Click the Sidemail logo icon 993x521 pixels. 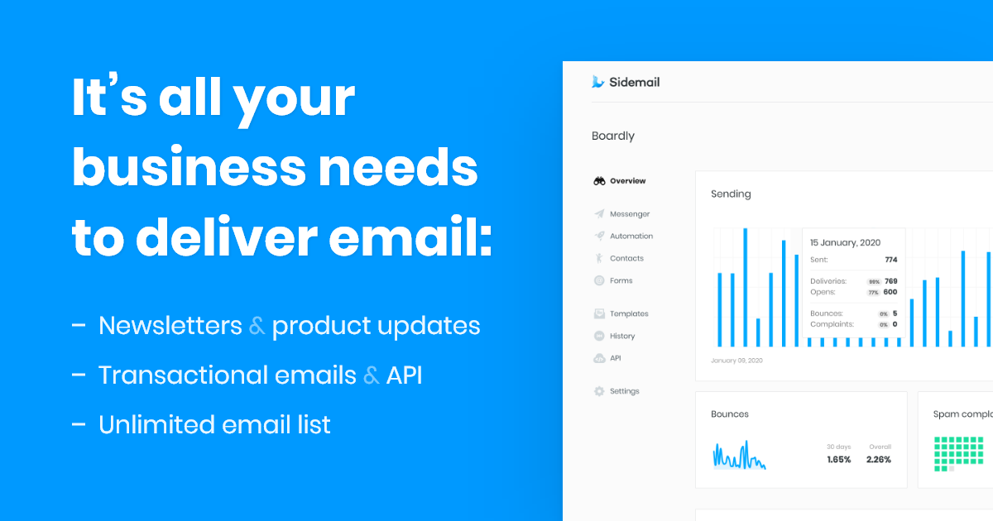pyautogui.click(x=598, y=82)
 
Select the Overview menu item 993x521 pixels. pyautogui.click(x=627, y=181)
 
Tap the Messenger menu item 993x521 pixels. pyautogui.click(x=629, y=214)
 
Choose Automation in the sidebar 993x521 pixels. pyautogui.click(x=631, y=237)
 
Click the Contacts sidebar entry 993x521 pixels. pyautogui.click(x=626, y=259)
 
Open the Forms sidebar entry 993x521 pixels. pyautogui.click(x=621, y=281)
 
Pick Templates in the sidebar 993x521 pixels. pyautogui.click(x=629, y=314)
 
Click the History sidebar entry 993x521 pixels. pyautogui.click(x=622, y=337)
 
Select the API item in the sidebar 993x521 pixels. pyautogui.click(x=615, y=359)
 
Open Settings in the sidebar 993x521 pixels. pyautogui.click(x=624, y=392)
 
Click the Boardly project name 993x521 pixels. pyautogui.click(x=613, y=136)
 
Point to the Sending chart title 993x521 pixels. pyautogui.click(x=731, y=194)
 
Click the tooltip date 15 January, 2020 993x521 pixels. pyautogui.click(x=845, y=243)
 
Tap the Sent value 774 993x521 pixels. pyautogui.click(x=890, y=260)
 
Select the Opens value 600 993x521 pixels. pyautogui.click(x=890, y=292)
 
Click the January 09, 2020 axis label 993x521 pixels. pyautogui.click(x=736, y=361)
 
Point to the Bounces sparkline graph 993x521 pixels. pyautogui.click(x=739, y=456)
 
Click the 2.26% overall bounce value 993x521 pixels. pyautogui.click(x=879, y=460)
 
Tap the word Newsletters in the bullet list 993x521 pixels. pyautogui.click(x=170, y=326)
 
